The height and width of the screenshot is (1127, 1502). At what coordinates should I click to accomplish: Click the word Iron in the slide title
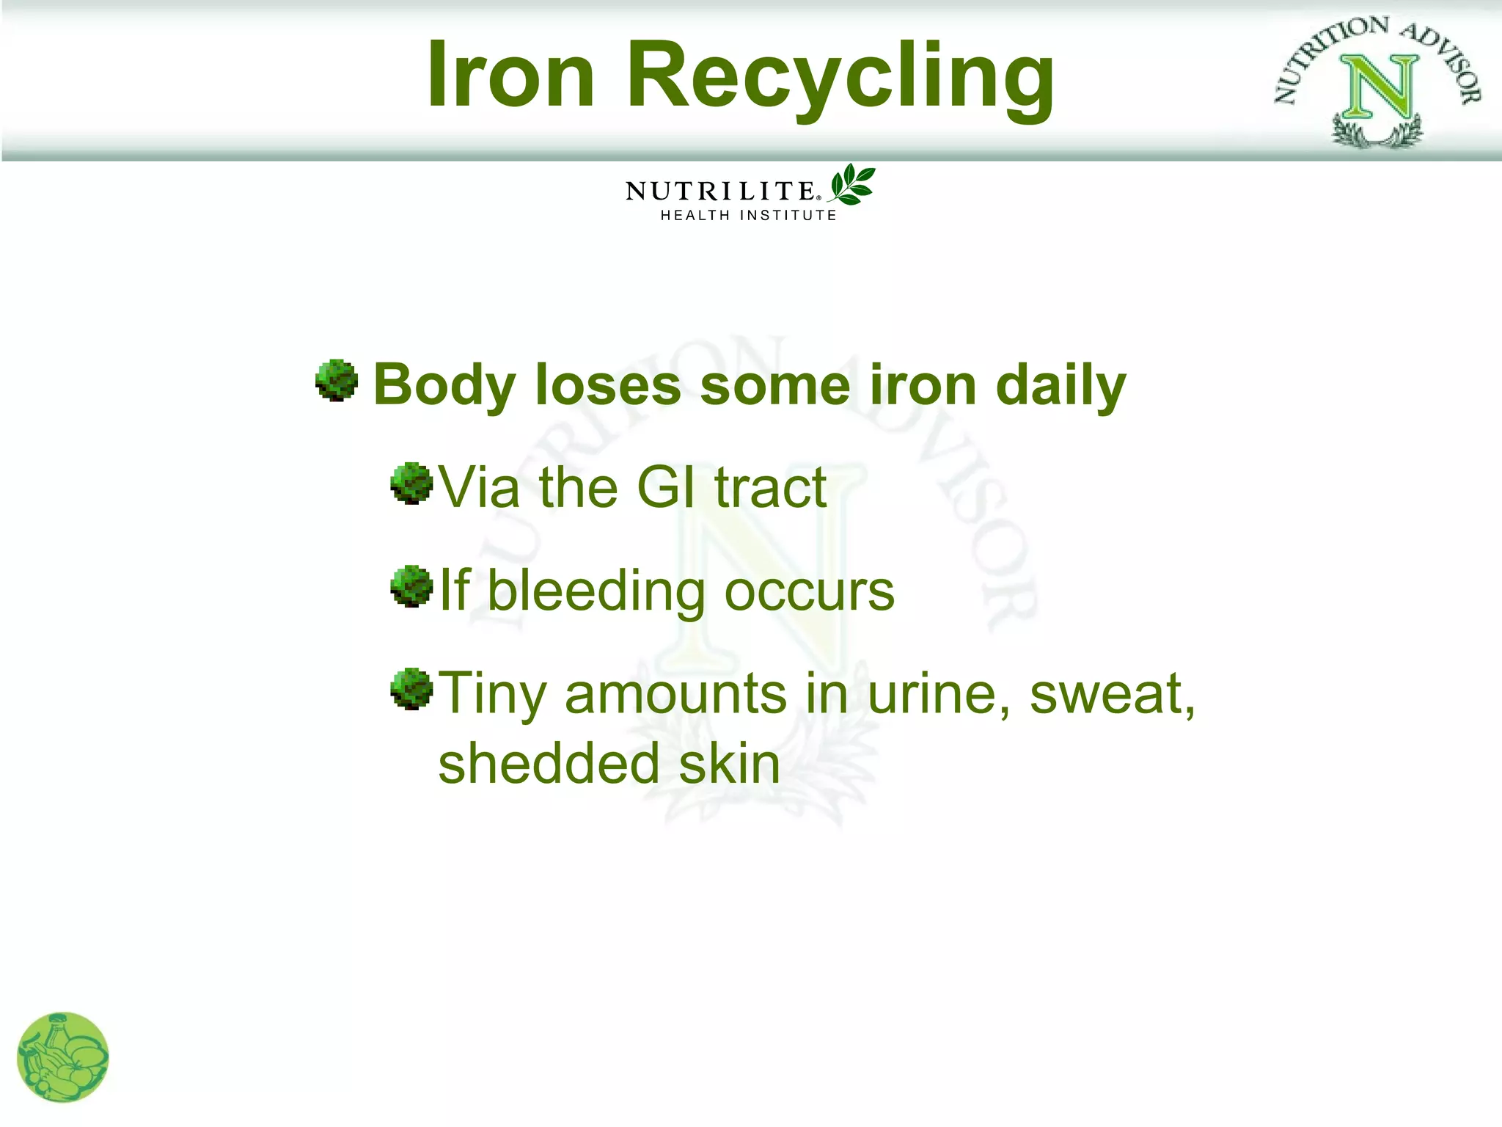pyautogui.click(x=510, y=75)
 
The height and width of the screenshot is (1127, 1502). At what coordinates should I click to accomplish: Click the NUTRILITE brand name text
pyautogui.click(x=721, y=192)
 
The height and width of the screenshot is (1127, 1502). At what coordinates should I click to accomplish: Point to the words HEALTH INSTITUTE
pyautogui.click(x=748, y=216)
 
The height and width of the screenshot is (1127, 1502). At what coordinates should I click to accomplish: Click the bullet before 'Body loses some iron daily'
pyautogui.click(x=337, y=380)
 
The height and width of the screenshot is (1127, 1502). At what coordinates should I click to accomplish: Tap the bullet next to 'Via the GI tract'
pyautogui.click(x=411, y=483)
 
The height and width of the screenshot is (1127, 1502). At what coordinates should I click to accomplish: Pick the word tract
pyautogui.click(x=771, y=487)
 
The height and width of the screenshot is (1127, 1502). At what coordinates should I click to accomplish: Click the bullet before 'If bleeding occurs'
pyautogui.click(x=411, y=586)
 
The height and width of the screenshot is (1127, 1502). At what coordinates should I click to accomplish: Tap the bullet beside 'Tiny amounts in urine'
pyautogui.click(x=411, y=688)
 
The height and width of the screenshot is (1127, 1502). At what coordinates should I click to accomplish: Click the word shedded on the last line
pyautogui.click(x=549, y=764)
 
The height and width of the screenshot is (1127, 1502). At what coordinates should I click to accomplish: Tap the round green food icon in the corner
pyautogui.click(x=62, y=1057)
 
